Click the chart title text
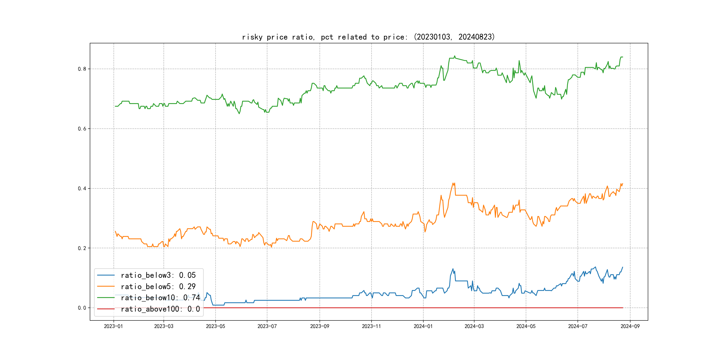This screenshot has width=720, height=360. [368, 37]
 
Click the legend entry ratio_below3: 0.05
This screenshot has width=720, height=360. [158, 275]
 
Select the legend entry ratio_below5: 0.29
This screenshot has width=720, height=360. [158, 286]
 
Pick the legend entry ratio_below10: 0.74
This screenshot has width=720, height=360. [160, 298]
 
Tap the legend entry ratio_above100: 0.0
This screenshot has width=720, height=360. [160, 309]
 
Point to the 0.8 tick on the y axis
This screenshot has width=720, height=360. [82, 69]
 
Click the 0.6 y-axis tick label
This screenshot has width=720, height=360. [82, 129]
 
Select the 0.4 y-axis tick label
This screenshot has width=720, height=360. [82, 188]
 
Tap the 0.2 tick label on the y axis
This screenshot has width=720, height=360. [82, 248]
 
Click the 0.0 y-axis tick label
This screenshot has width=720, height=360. [82, 308]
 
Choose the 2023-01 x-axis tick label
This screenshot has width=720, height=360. [114, 326]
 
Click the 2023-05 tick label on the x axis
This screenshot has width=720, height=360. [216, 326]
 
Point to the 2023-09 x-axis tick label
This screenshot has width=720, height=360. [320, 326]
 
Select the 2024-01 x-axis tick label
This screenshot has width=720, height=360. [423, 326]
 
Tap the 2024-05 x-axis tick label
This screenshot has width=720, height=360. [526, 326]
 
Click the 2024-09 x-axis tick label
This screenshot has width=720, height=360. [630, 326]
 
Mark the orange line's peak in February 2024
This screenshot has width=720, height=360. [453, 183]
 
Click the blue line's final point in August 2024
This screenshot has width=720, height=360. [623, 267]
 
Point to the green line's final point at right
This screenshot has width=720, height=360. [623, 57]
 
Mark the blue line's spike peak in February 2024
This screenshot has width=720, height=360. [453, 269]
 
